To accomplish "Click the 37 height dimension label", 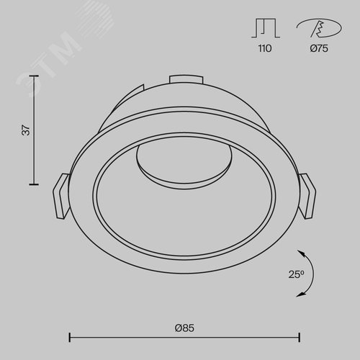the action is click(x=26, y=130).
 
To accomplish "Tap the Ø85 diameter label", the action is click(x=184, y=328).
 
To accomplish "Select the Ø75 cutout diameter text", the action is click(x=319, y=48).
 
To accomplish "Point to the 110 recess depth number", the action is click(x=265, y=48).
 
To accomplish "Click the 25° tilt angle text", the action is click(x=297, y=274).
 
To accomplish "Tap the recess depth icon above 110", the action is click(x=266, y=28).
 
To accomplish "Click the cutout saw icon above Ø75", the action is click(x=319, y=28).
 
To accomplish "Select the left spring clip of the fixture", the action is click(x=61, y=196).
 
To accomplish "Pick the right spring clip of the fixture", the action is click(x=307, y=196).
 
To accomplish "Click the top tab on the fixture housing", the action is click(x=186, y=80).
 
